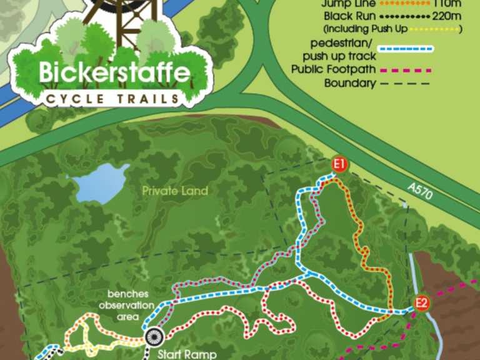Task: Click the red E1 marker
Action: [x=339, y=165]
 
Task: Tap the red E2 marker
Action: [x=422, y=304]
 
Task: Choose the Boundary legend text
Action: [x=349, y=83]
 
